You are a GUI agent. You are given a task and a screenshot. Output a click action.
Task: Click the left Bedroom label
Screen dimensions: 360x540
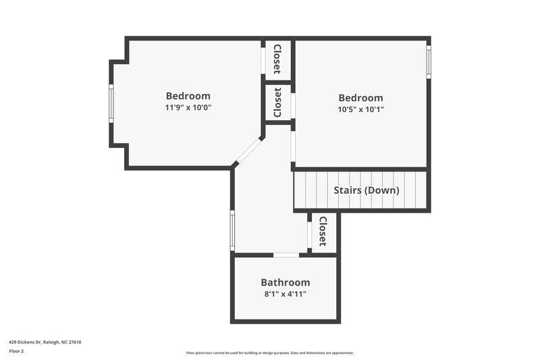click(188, 96)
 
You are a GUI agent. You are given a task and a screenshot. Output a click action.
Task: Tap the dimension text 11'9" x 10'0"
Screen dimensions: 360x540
click(188, 107)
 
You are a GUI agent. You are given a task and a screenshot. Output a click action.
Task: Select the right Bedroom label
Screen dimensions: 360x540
click(360, 98)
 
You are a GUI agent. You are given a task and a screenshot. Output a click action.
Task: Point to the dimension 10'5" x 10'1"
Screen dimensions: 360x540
click(360, 109)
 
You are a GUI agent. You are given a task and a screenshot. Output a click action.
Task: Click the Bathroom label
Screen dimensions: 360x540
click(285, 282)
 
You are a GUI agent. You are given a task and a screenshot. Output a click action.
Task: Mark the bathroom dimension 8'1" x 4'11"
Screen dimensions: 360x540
click(285, 294)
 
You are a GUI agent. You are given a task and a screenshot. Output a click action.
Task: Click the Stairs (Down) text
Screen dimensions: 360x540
click(367, 190)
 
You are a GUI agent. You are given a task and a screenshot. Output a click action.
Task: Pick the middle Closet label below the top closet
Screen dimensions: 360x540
click(277, 103)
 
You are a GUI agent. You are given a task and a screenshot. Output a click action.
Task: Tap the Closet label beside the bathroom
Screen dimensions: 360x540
click(323, 231)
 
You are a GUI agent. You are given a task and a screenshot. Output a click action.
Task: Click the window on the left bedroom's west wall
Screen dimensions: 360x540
click(112, 103)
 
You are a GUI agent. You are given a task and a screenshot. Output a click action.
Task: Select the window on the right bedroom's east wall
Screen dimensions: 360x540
click(428, 61)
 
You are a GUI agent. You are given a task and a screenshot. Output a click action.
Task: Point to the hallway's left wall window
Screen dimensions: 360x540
click(232, 230)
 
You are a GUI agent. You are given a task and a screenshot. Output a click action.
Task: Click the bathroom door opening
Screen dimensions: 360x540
click(286, 255)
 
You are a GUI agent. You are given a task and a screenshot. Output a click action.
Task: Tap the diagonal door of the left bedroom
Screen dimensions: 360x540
click(248, 151)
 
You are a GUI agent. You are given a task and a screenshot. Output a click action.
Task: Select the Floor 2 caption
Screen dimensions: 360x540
click(16, 351)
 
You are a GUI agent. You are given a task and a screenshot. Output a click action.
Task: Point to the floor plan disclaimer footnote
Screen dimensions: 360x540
click(270, 353)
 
